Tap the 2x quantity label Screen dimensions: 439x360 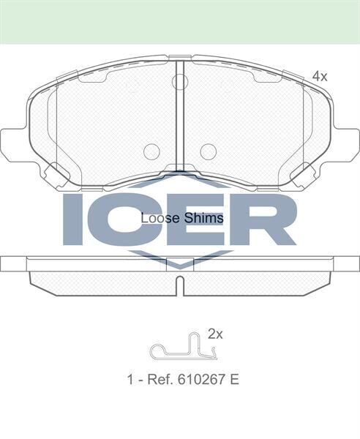coord(214,334)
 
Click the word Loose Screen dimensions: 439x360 coord(155,218)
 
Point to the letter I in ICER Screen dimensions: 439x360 coord(73,219)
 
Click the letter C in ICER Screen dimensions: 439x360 coord(117,219)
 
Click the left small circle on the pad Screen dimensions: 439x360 coord(151,151)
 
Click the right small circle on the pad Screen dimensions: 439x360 coord(209,151)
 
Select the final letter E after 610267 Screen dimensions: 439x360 coord(235,380)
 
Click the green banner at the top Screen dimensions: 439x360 coord(180,21)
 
